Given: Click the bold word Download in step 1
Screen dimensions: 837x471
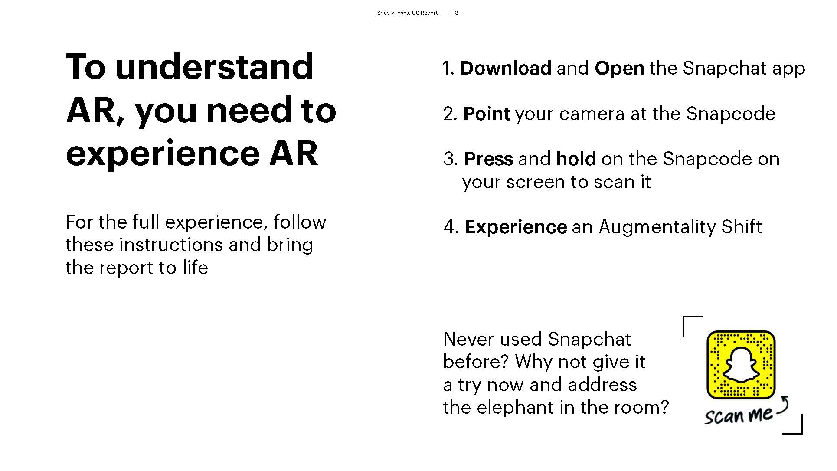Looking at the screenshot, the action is click(x=506, y=69).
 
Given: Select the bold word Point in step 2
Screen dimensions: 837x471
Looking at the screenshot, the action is click(x=487, y=114).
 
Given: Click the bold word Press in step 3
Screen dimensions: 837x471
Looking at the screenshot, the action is click(x=489, y=159).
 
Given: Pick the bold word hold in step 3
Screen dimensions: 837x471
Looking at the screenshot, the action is click(x=576, y=159).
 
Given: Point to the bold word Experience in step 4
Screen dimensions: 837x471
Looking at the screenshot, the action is click(x=516, y=227).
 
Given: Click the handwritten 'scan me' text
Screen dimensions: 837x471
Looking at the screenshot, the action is click(x=738, y=415).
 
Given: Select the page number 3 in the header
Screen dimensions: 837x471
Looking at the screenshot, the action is click(x=456, y=13).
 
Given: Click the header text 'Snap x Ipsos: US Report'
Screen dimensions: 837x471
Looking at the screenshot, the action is click(x=407, y=13).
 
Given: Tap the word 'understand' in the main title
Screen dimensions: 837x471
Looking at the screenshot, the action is click(x=214, y=67).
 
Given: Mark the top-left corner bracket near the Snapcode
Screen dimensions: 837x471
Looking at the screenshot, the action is click(x=684, y=317).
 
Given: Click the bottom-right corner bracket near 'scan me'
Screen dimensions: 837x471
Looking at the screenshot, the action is click(x=801, y=432).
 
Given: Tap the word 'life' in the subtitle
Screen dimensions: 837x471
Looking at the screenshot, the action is click(x=195, y=268).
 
